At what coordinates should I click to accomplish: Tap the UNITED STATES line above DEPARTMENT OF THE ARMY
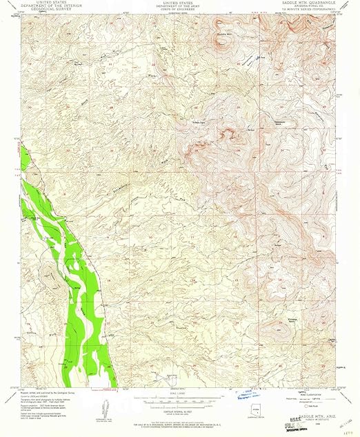(x=181, y=3)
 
